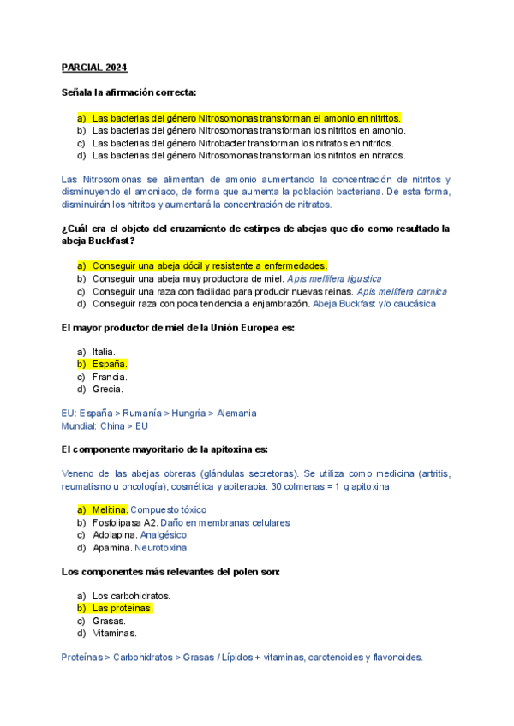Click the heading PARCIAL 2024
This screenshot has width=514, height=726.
[x=94, y=68]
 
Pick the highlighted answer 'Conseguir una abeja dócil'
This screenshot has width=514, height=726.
[x=209, y=266]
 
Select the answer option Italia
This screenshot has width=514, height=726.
[x=104, y=352]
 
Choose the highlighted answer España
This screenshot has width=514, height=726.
[x=109, y=364]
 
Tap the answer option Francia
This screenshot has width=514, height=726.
[x=109, y=377]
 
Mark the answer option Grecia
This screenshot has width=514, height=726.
[x=107, y=389]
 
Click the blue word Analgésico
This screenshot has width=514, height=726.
[x=163, y=535]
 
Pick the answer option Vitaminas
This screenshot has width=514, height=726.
[x=114, y=633]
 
